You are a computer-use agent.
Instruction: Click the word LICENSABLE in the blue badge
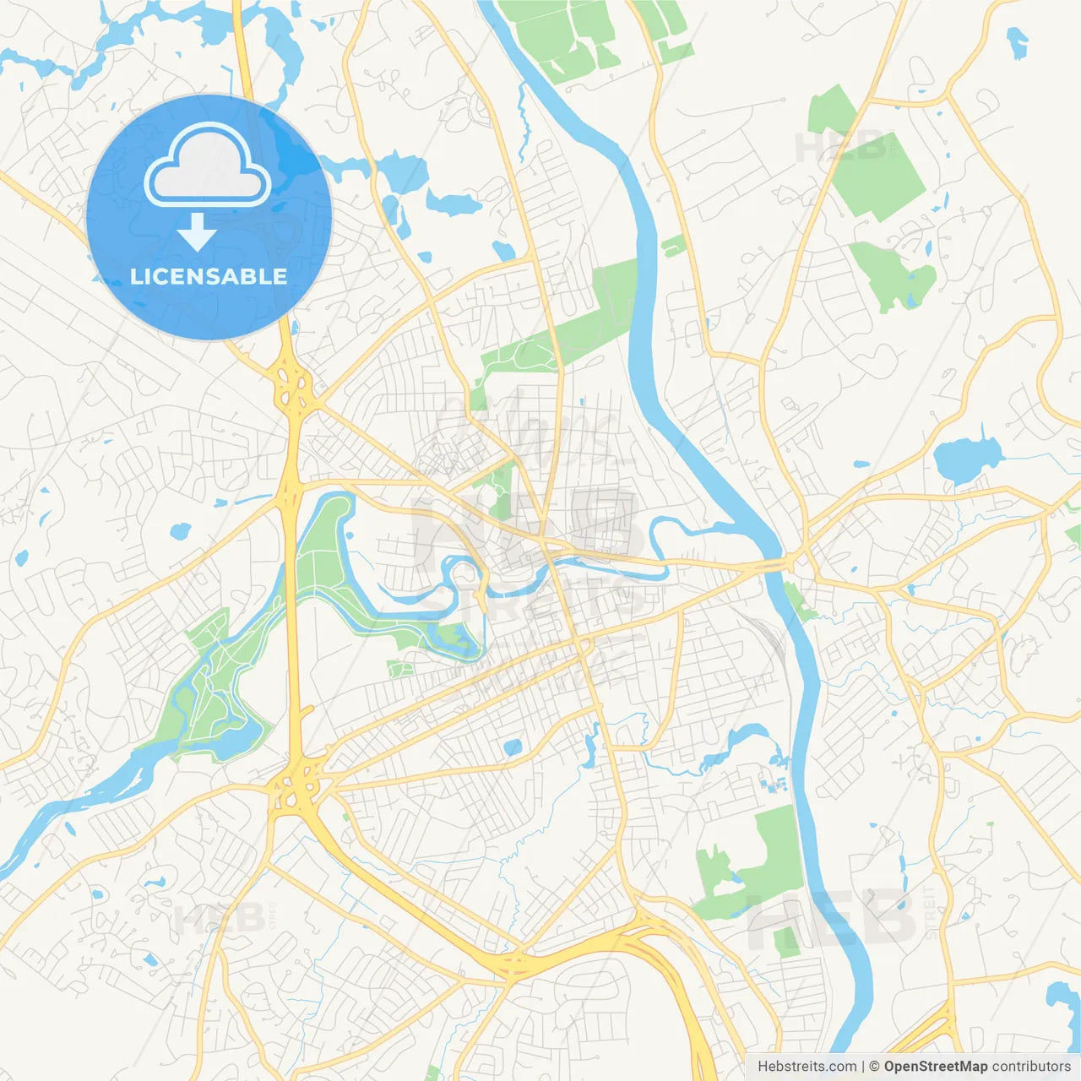209,276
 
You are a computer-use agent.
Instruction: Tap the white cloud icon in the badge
208,166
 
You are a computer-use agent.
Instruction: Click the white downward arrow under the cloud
197,231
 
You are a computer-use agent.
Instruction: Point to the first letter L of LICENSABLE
135,276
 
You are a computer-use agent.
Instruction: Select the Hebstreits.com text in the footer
807,1067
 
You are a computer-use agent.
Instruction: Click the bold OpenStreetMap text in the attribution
936,1067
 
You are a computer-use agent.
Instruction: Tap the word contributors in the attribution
1031,1067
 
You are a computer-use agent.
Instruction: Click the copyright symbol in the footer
874,1067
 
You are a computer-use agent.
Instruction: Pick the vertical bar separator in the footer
862,1067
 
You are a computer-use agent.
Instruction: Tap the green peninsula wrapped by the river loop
325,549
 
